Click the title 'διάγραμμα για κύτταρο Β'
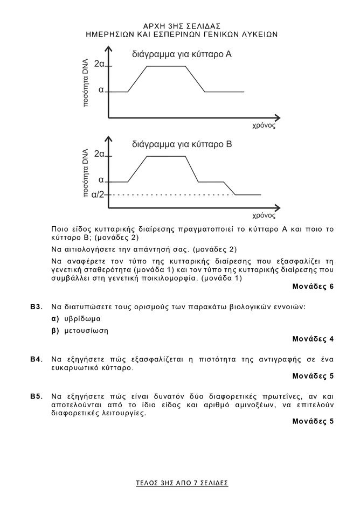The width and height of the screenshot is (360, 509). (182, 144)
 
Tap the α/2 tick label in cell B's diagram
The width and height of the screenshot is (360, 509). (98, 194)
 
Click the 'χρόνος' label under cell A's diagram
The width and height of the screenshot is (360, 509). (264, 125)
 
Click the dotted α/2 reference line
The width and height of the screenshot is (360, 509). (172, 194)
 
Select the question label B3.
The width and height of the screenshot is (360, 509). (36, 306)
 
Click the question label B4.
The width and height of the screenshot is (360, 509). (36, 359)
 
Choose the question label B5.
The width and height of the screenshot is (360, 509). (36, 396)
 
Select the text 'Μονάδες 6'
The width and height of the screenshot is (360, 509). (313, 286)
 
